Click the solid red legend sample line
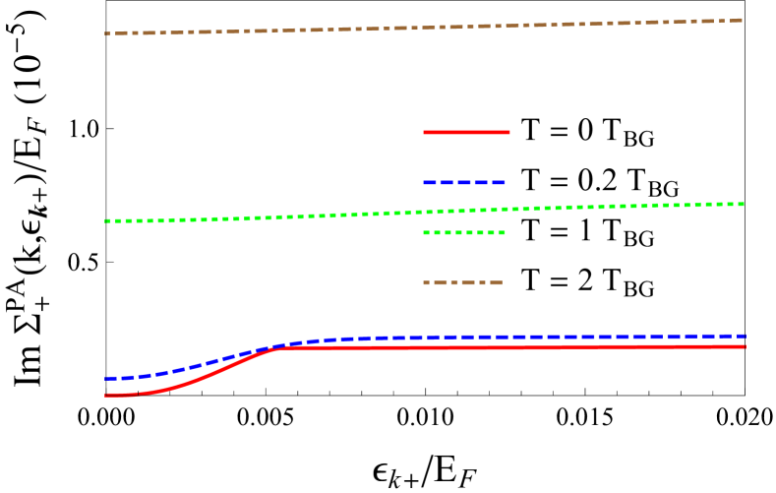[466, 132]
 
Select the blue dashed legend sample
[464, 182]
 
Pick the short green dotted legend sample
[464, 233]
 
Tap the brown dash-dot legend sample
[463, 283]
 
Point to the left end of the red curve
[106, 395]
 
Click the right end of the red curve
[745, 346]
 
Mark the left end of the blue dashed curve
[106, 378]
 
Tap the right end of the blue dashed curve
[745, 336]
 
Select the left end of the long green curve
[106, 221]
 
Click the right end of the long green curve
[743, 204]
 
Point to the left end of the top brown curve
[106, 33]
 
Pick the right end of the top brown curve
[741, 20]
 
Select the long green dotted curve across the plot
[295, 216]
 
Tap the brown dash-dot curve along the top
[295, 30]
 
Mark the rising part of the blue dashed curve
[197, 366]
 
